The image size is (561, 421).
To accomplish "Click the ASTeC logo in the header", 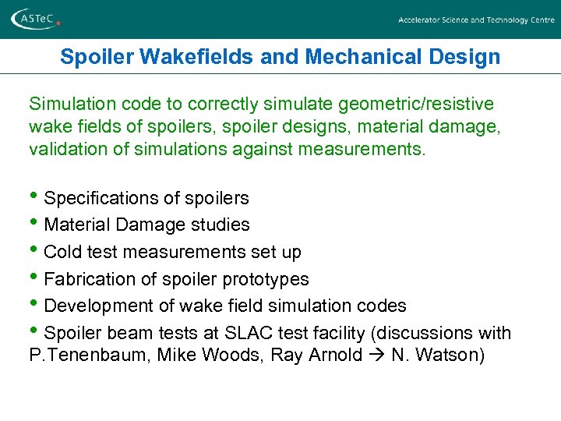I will pos(35,19).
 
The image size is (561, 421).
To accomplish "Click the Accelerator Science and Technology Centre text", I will pos(476,20).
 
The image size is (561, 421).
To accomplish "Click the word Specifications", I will pos(99,198).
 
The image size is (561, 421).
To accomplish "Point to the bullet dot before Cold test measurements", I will pos(35,251).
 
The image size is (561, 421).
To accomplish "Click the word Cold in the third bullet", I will pos(62,253).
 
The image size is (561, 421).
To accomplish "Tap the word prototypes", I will pos(270,280).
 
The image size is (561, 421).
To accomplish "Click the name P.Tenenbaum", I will pos(76,356).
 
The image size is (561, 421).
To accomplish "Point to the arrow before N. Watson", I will pos(376,356).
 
